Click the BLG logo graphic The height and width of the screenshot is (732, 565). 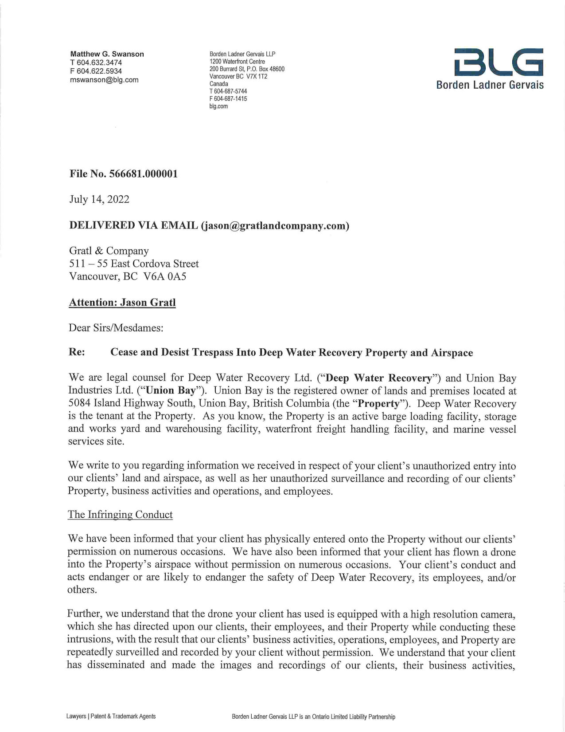499,62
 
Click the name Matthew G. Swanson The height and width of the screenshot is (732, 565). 107,54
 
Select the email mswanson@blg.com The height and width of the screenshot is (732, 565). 104,80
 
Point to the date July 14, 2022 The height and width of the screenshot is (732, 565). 99,199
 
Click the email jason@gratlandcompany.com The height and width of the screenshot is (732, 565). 275,226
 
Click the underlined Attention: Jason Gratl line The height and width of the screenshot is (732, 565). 122,303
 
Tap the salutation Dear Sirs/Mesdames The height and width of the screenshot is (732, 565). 116,328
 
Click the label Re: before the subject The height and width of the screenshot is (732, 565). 77,352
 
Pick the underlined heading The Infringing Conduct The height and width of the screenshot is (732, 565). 120,515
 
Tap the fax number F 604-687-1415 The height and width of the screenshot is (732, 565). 228,99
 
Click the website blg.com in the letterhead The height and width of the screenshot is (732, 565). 218,106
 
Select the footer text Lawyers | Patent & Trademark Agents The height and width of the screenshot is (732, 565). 111,716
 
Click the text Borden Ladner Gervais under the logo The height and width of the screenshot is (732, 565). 490,85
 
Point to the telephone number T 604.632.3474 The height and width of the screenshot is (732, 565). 96,63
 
